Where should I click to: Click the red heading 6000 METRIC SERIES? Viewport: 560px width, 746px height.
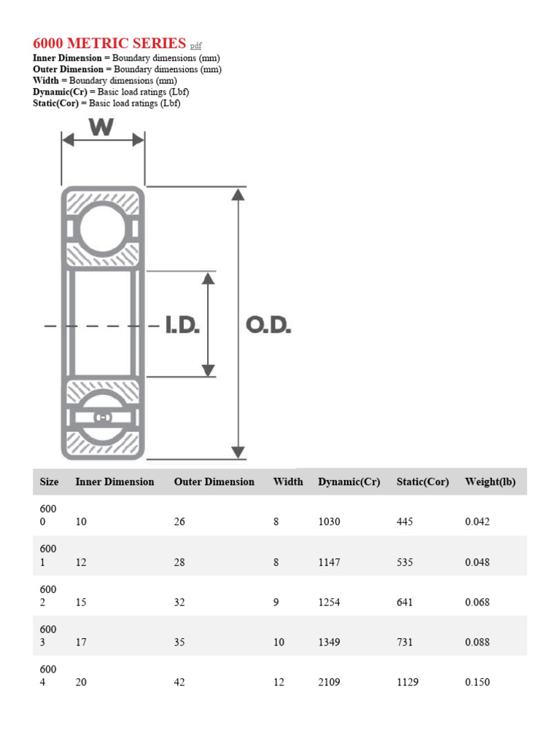(x=109, y=43)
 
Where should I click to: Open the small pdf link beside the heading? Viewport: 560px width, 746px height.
(x=195, y=45)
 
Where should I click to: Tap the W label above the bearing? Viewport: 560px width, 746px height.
(x=102, y=127)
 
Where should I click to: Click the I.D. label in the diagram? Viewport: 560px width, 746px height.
(x=182, y=326)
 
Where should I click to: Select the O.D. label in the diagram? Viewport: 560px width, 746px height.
(x=268, y=326)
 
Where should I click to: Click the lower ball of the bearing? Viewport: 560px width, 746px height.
(x=103, y=417)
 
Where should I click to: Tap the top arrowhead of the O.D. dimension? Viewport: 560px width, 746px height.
(x=238, y=194)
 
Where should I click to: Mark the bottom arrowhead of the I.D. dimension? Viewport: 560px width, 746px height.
(x=209, y=369)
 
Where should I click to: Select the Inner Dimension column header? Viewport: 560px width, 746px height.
(x=114, y=482)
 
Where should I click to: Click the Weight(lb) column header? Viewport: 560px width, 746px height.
(x=490, y=482)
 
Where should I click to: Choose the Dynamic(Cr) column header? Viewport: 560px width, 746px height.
(x=349, y=482)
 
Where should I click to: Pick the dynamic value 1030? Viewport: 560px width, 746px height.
(x=329, y=522)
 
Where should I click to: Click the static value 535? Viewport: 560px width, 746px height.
(x=405, y=562)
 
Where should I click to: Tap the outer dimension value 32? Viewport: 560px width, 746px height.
(x=179, y=602)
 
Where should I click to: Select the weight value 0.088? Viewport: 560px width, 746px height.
(x=478, y=643)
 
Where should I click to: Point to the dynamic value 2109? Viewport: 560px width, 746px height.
(x=329, y=683)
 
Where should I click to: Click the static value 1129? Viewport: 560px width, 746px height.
(x=408, y=683)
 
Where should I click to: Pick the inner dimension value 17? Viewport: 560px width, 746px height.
(x=81, y=643)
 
